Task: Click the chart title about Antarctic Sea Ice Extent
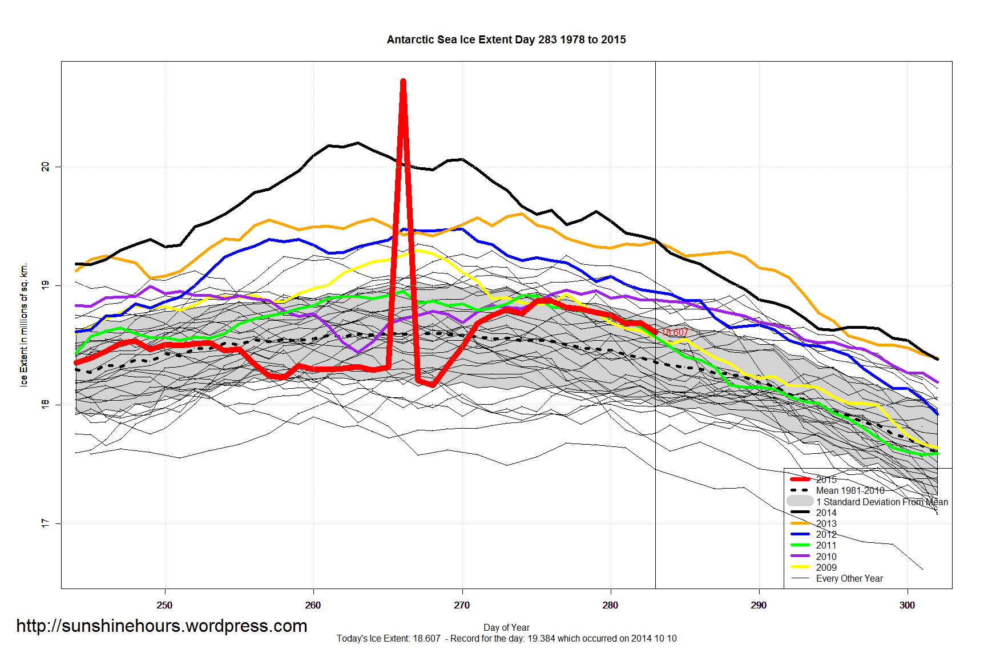tap(506, 40)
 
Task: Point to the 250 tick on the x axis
tap(164, 605)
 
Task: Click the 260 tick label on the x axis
tap(313, 605)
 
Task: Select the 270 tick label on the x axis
tap(462, 605)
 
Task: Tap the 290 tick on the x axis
tap(759, 605)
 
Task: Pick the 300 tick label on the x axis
tap(907, 605)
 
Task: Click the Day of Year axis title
tap(506, 627)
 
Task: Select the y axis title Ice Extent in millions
tap(24, 325)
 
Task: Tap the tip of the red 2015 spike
tap(403, 82)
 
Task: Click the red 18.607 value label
tap(675, 332)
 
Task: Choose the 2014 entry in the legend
tap(826, 513)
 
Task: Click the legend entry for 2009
tap(826, 567)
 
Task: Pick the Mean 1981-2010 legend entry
tap(850, 490)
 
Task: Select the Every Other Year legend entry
tap(849, 578)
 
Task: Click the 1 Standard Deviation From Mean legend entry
tap(881, 502)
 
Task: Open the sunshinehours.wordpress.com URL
tap(162, 626)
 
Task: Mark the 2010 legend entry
tap(826, 557)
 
